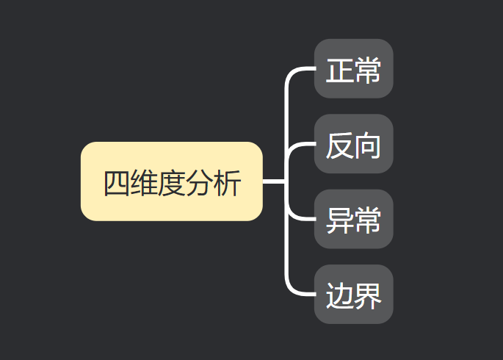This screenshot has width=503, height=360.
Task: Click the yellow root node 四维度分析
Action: [x=171, y=181]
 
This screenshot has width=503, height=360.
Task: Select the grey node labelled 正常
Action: [x=353, y=69]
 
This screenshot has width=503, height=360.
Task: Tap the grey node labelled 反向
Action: [x=353, y=144]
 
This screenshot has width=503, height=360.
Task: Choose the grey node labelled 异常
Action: [x=353, y=219]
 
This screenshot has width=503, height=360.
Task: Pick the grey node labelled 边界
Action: [x=353, y=294]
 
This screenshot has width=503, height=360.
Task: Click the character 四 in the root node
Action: [x=116, y=183]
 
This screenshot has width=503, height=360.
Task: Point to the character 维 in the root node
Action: [x=144, y=183]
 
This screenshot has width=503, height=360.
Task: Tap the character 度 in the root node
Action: [x=172, y=183]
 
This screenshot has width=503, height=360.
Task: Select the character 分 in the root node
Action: [x=199, y=183]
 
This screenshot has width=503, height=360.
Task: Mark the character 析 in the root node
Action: [x=227, y=183]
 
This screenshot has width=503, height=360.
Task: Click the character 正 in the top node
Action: [x=339, y=71]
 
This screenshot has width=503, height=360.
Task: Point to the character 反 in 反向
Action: [x=339, y=146]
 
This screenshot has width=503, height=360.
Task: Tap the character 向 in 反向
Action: [x=367, y=146]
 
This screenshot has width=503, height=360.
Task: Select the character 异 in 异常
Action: [x=339, y=221]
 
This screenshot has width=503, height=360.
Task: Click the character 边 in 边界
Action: [x=339, y=296]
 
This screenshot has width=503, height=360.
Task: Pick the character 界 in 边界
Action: [x=367, y=296]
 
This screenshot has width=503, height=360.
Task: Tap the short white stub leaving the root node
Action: [x=273, y=181]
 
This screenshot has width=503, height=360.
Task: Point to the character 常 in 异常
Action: [x=367, y=221]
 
